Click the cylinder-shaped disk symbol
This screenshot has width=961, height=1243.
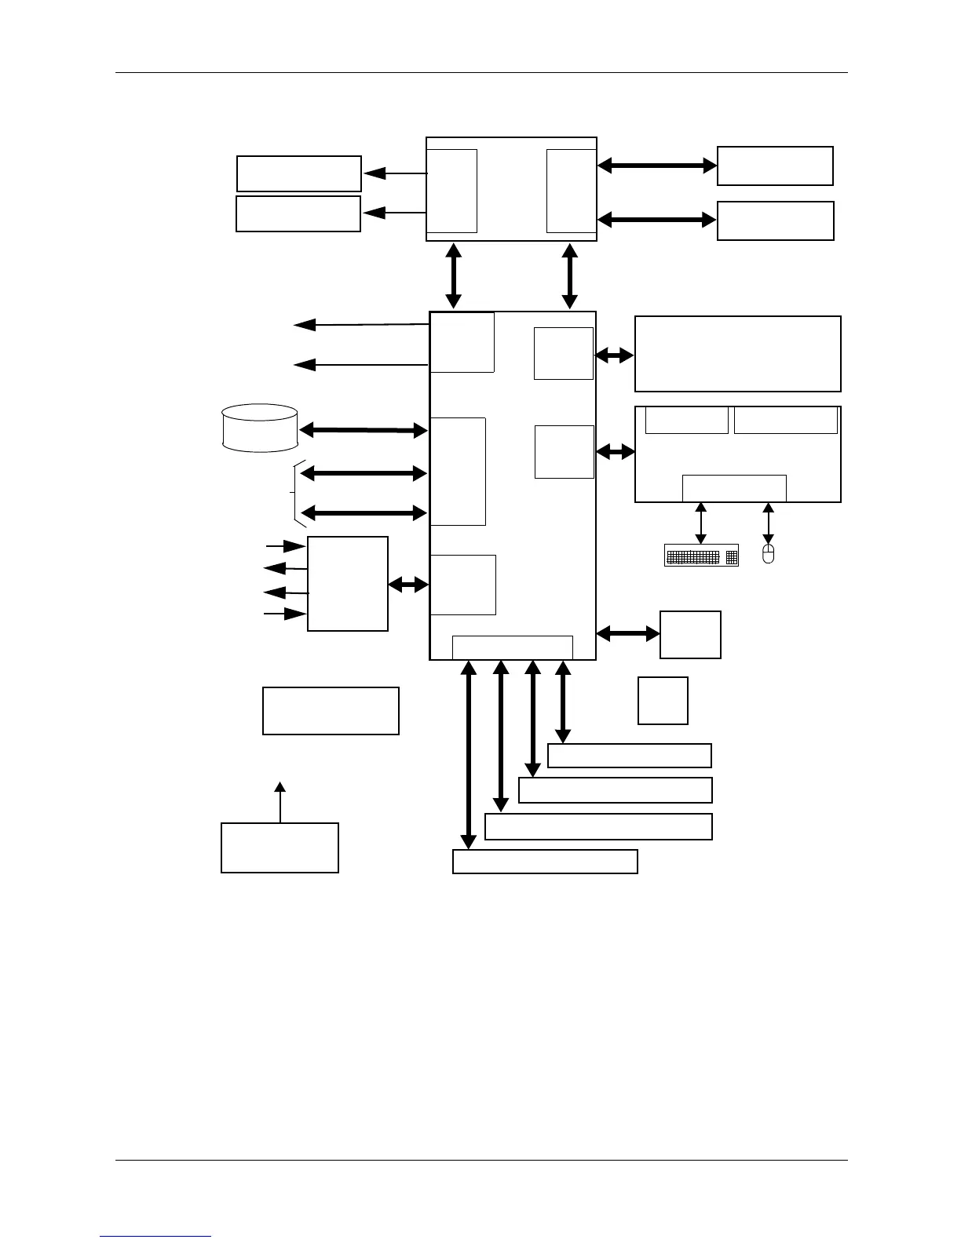click(x=260, y=428)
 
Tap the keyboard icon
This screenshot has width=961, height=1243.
click(x=701, y=555)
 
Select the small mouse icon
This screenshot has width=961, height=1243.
click(x=769, y=553)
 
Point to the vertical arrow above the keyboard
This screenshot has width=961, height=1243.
click(x=701, y=523)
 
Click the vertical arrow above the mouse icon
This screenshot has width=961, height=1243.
click(x=769, y=523)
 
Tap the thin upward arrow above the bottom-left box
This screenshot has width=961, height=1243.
click(x=280, y=801)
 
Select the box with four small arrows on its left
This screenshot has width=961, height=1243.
click(x=348, y=584)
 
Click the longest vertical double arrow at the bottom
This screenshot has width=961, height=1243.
click(x=469, y=755)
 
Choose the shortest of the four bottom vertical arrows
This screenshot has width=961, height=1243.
click(x=563, y=702)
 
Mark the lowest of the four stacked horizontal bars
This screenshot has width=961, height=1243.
click(x=545, y=862)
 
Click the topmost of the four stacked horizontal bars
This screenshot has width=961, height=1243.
click(x=629, y=756)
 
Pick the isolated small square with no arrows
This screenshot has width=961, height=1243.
click(x=663, y=701)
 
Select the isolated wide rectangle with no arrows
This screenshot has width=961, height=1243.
click(x=331, y=711)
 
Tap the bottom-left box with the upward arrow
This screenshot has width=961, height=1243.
click(x=280, y=848)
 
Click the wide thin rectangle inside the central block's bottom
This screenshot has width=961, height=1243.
click(x=513, y=647)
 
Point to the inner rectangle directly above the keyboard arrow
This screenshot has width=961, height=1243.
click(x=734, y=487)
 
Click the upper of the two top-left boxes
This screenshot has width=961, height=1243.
click(x=299, y=173)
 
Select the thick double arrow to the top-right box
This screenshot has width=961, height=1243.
click(x=657, y=166)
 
